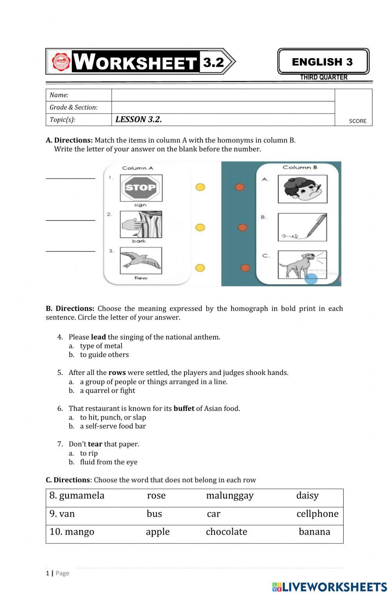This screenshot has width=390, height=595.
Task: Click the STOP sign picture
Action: (x=141, y=188)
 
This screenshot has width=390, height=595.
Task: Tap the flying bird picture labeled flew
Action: (x=141, y=261)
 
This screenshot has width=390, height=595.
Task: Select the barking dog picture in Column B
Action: (x=302, y=265)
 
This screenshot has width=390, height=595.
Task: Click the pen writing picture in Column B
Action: (x=302, y=227)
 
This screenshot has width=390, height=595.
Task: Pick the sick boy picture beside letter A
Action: (x=302, y=189)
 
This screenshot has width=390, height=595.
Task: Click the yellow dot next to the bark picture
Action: (x=200, y=227)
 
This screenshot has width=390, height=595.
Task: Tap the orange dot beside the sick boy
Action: (x=239, y=187)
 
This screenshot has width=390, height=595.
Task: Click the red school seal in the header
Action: (x=61, y=62)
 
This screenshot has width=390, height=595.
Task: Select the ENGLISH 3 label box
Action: (x=323, y=62)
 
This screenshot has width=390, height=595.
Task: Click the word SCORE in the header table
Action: (x=357, y=121)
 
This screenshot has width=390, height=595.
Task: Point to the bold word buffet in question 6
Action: (x=184, y=409)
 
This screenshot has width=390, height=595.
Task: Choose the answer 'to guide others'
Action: (x=104, y=355)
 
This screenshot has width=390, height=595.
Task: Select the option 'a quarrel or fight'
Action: (x=107, y=391)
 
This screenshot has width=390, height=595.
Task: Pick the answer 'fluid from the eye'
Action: (x=108, y=462)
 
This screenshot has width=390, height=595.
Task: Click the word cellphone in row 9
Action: (x=317, y=514)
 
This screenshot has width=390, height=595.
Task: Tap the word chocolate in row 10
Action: (x=226, y=532)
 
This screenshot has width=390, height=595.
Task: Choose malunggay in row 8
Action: (x=230, y=496)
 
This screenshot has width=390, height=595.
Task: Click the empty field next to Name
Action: (x=223, y=95)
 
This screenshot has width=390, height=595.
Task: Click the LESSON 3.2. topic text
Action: (x=138, y=119)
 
